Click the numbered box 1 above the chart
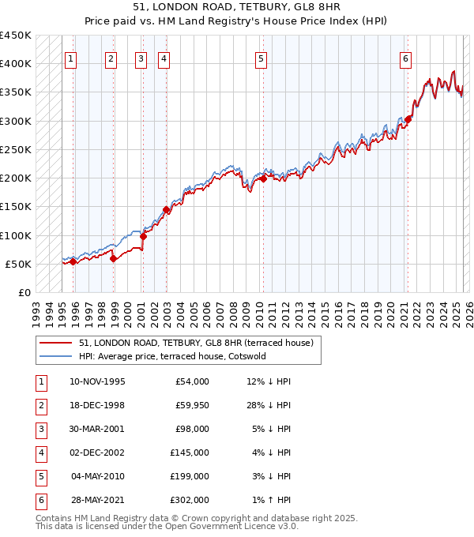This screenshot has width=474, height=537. click(x=71, y=58)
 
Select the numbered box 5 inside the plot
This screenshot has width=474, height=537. click(x=261, y=58)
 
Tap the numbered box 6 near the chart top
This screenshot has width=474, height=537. click(x=405, y=58)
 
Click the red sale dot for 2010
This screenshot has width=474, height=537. click(x=262, y=178)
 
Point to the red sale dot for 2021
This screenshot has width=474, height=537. click(x=408, y=119)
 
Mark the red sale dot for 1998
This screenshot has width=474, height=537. click(x=114, y=258)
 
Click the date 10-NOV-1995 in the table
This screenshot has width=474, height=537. click(x=97, y=381)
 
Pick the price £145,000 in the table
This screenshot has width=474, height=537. click(x=190, y=453)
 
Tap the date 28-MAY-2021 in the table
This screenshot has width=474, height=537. click(x=97, y=500)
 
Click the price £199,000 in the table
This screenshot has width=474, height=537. click(x=190, y=476)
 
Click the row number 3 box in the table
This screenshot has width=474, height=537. click(x=40, y=429)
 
